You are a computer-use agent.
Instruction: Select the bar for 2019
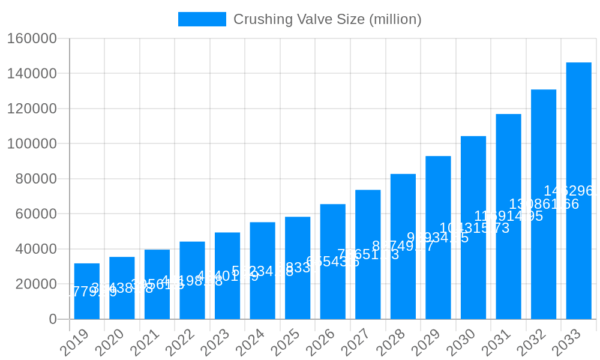tap(87, 291)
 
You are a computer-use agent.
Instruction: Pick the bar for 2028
tap(403, 246)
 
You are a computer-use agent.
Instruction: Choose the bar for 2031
tap(508, 216)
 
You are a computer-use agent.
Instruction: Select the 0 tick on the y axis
tap(53, 319)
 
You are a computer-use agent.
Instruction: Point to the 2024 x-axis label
tap(250, 342)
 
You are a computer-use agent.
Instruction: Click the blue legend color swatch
tap(202, 19)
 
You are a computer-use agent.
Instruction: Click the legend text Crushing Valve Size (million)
tap(327, 19)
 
